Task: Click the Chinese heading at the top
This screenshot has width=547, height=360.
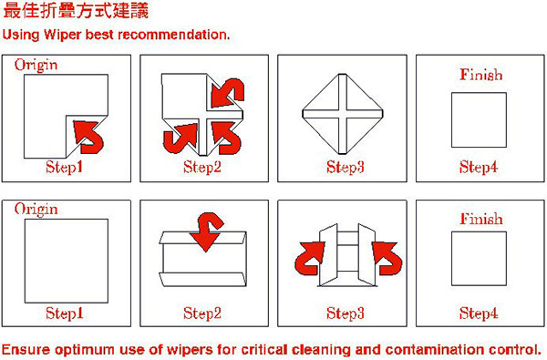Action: (x=76, y=10)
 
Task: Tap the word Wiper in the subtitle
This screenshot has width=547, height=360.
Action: (x=63, y=35)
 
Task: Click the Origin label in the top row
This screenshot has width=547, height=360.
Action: (x=36, y=66)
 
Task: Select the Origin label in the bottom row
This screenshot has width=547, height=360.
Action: (x=36, y=210)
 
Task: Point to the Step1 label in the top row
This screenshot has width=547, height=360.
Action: (x=64, y=167)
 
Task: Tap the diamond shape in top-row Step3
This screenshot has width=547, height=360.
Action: (x=343, y=114)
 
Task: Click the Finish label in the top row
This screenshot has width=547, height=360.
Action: (x=481, y=75)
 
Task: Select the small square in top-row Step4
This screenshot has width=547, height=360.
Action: (x=479, y=120)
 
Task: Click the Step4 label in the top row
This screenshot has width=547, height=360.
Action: (x=479, y=167)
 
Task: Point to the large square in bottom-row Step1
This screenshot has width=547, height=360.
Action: (x=67, y=261)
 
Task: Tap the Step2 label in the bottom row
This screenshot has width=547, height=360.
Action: (x=202, y=313)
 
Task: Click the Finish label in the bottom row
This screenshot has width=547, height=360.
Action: (x=481, y=219)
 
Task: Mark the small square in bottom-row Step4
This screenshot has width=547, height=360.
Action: (x=479, y=259)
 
